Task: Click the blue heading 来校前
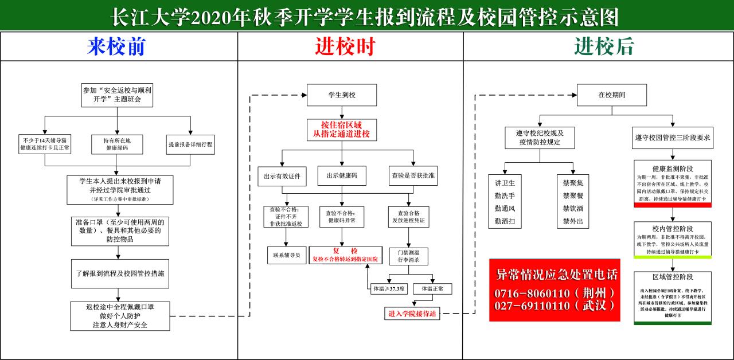tap(116, 47)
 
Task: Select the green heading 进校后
tap(604, 47)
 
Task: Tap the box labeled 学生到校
tap(342, 95)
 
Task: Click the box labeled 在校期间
tap(612, 95)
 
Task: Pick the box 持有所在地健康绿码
tap(116, 144)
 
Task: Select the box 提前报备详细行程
tap(190, 144)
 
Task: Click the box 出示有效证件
tap(282, 175)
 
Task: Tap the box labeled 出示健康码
tap(342, 175)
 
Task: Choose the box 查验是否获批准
tap(413, 175)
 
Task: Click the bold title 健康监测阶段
tap(672, 169)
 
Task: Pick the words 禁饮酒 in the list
tap(573, 208)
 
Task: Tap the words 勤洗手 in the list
tap(505, 195)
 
